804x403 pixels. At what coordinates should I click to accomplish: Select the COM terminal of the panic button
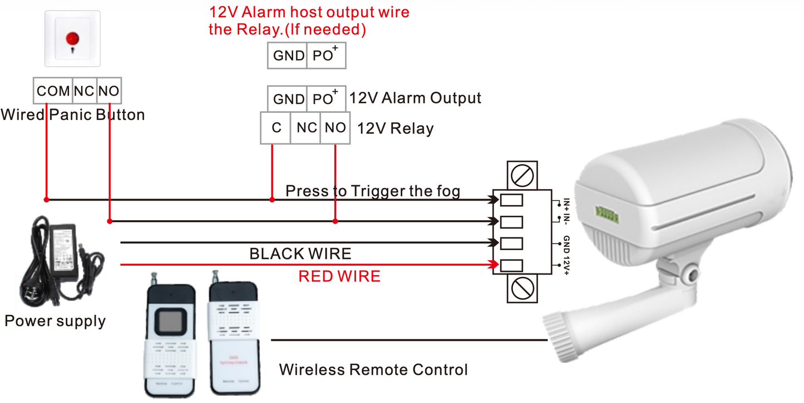coord(53,91)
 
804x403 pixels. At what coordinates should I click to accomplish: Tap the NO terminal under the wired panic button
coord(109,91)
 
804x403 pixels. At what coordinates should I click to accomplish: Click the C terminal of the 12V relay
coord(276,128)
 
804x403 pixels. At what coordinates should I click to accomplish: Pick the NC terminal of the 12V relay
coord(307,128)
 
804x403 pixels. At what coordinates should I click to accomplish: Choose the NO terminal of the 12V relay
coord(335,128)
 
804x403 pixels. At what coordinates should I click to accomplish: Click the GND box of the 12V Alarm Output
coord(288,99)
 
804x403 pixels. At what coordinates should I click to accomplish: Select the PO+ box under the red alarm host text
coord(326,55)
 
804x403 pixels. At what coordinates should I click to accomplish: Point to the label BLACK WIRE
coord(300,254)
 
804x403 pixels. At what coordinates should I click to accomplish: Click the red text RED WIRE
coord(339,276)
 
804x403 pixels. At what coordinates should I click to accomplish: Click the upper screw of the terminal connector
coord(522,176)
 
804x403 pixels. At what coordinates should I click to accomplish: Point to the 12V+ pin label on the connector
coord(566,264)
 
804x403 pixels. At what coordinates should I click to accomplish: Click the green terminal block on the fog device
coord(604,212)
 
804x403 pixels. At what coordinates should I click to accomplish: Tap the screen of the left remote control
coord(170,320)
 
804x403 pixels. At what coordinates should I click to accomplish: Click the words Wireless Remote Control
coord(373,369)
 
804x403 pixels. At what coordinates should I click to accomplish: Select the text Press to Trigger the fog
coord(373,191)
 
